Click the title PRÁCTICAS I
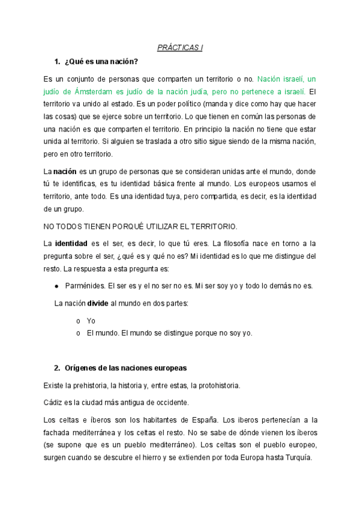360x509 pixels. pos(180,47)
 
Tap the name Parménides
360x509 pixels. pos(82,286)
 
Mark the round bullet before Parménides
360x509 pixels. pos(56,286)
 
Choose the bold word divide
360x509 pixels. pos(97,304)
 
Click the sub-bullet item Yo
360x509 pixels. pos(91,321)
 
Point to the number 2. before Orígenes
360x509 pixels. pos(57,367)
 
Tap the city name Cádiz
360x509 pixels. pos(54,401)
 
